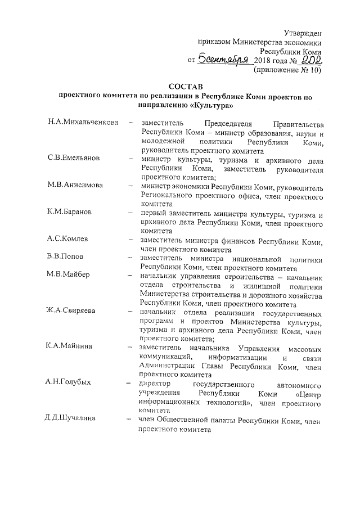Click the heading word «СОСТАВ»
[185, 85]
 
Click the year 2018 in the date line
[264, 60]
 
